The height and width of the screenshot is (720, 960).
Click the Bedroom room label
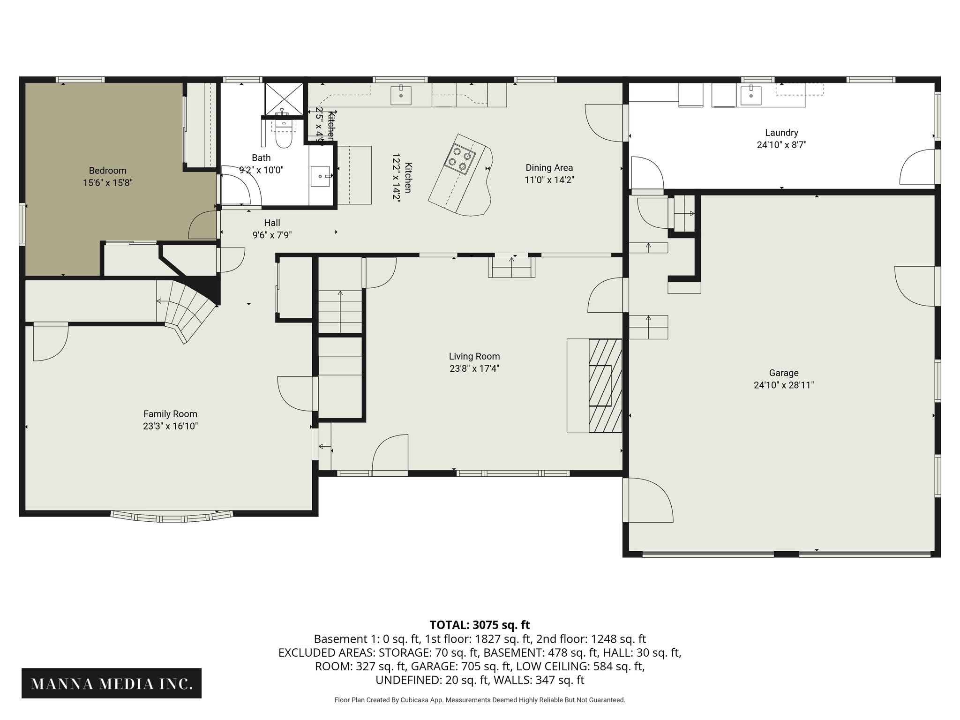(x=108, y=171)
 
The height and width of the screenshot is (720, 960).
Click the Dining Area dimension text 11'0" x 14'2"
(x=549, y=180)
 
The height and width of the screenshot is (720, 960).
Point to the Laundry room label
(x=781, y=133)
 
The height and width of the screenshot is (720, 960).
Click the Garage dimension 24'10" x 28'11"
(x=783, y=385)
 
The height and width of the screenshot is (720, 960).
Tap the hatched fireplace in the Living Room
(x=605, y=385)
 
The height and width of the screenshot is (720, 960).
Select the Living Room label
(x=474, y=356)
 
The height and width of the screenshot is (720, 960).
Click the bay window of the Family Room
(x=172, y=517)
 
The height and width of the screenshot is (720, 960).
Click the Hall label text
(x=272, y=223)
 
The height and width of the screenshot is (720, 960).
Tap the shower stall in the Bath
(x=284, y=99)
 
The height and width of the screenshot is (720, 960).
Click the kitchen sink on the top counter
(x=401, y=95)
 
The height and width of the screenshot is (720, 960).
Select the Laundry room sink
(x=751, y=95)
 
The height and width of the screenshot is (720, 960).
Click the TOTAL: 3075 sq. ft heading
(x=480, y=625)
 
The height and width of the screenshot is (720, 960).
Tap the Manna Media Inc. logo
(x=112, y=684)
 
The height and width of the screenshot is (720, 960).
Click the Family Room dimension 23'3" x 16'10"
(x=170, y=426)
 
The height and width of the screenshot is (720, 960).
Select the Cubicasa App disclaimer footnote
(x=480, y=700)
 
